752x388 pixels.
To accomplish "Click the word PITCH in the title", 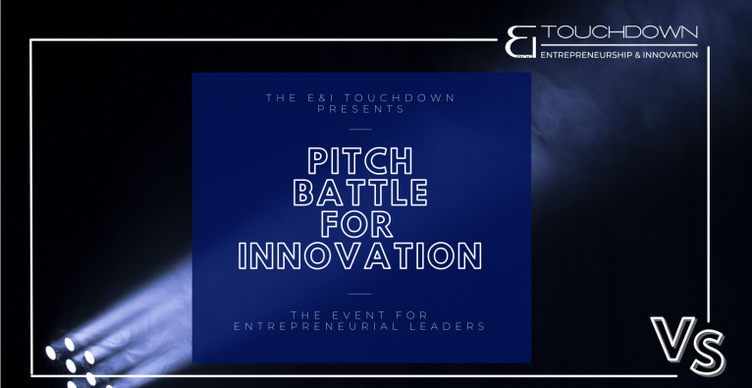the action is coord(359,161).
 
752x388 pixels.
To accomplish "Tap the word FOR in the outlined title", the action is coord(357,224).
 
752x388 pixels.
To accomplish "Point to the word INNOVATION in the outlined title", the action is coord(360,255).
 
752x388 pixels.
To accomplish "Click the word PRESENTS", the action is coord(360,109).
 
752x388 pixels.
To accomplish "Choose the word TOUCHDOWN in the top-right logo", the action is coord(619,32).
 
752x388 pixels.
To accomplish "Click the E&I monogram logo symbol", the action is coord(520,41).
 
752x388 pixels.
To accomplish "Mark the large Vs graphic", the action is coord(688,345).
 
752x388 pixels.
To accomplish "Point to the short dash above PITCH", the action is coord(360,129).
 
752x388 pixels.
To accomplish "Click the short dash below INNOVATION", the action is coord(360,294).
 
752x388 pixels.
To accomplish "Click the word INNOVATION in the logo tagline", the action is coord(670,55).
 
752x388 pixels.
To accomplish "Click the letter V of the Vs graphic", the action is coord(672,338).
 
